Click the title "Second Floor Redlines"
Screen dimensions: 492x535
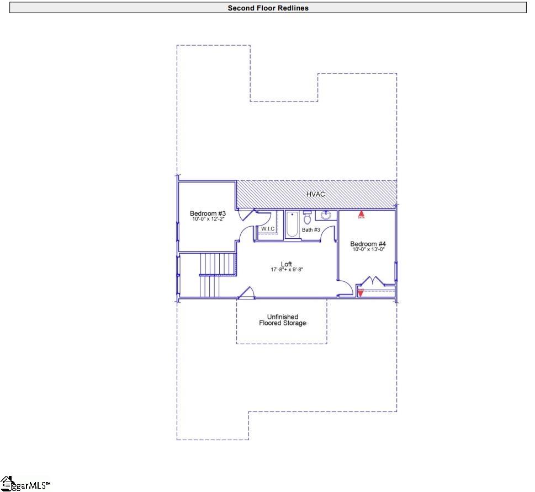point(268,8)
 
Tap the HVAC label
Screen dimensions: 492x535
point(316,194)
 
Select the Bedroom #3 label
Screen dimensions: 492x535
point(208,213)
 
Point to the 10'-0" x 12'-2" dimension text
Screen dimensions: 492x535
point(208,220)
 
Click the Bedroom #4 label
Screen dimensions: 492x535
point(368,244)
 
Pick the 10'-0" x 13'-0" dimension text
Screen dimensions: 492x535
point(368,249)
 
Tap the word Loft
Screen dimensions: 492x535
point(286,264)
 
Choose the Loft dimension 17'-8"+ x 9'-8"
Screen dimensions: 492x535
point(287,270)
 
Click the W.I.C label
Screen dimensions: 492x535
point(268,228)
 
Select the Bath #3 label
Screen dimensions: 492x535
point(310,229)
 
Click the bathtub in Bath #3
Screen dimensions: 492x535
point(292,225)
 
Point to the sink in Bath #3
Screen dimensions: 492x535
point(326,216)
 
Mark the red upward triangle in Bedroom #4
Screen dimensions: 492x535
point(362,212)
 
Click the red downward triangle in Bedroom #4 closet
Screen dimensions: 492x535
point(361,293)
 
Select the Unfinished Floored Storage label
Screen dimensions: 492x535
point(282,320)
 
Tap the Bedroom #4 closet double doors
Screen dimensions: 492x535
point(375,281)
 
